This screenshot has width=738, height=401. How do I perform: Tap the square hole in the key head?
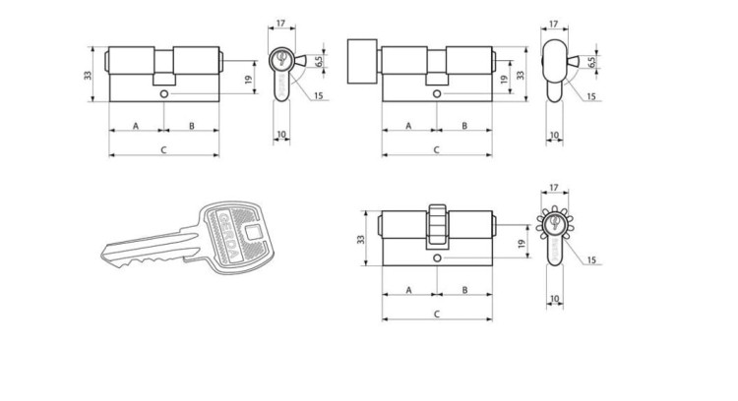click(254, 232)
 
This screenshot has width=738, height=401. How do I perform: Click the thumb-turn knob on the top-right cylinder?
click(362, 61)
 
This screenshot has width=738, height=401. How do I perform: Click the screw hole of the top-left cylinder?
click(163, 94)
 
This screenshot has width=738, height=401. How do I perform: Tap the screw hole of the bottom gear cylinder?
click(437, 258)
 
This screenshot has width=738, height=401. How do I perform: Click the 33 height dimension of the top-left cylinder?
click(88, 75)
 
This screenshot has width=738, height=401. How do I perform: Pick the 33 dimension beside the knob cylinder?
click(521, 75)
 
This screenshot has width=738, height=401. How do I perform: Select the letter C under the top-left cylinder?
click(163, 150)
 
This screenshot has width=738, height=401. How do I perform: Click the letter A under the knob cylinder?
click(408, 126)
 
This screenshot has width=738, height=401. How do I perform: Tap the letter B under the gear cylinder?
click(464, 290)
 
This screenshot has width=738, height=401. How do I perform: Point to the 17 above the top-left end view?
click(281, 23)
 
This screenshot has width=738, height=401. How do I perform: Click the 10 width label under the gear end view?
click(554, 299)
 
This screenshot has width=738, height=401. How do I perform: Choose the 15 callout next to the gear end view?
click(591, 260)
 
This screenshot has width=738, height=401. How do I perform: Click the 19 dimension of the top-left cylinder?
click(249, 79)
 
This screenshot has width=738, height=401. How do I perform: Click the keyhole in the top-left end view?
click(281, 58)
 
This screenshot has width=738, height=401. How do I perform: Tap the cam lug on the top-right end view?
click(575, 61)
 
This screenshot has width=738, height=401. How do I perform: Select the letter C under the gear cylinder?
click(437, 315)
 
